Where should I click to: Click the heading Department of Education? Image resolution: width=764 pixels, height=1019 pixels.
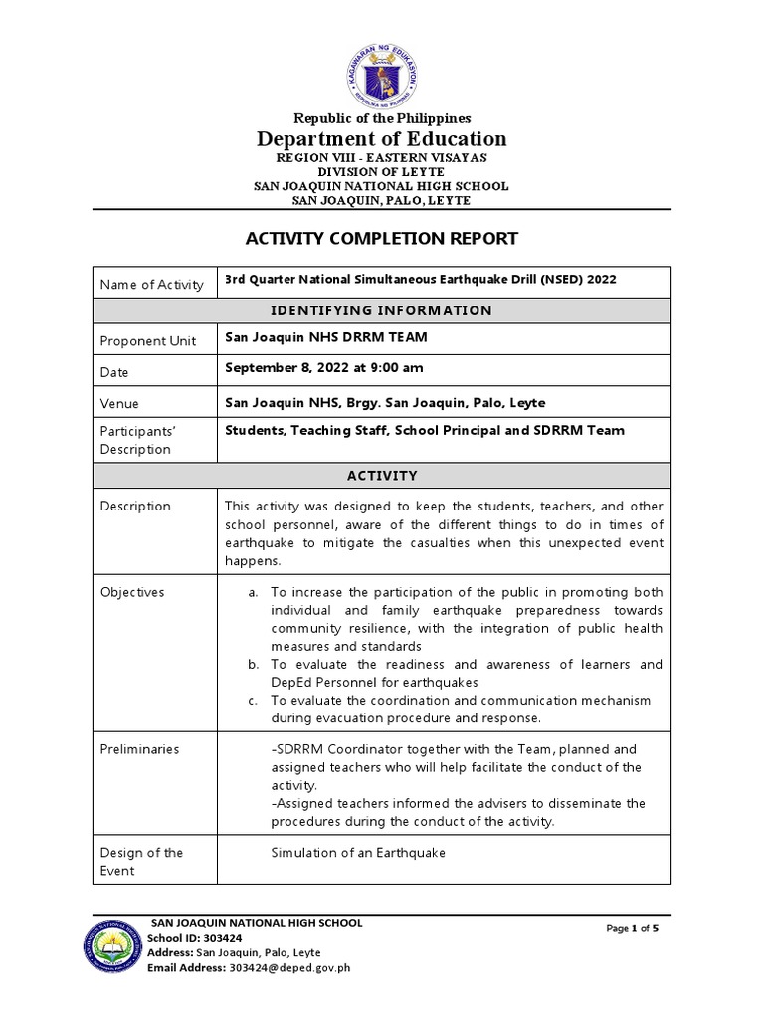(382, 138)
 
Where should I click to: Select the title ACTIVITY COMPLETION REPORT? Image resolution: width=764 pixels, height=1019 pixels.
(382, 238)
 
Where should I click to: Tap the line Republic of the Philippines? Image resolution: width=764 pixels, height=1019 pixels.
(382, 118)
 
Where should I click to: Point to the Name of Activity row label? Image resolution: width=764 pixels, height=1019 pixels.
(152, 285)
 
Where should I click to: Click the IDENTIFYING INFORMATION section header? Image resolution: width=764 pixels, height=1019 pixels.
(382, 310)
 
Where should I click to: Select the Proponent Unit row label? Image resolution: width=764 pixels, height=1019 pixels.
(148, 340)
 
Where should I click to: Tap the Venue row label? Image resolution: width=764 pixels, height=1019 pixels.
(120, 404)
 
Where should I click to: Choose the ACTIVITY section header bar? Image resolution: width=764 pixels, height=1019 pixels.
(382, 476)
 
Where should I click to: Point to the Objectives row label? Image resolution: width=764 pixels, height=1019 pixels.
(132, 592)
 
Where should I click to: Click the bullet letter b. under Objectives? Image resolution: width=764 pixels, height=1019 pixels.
(254, 664)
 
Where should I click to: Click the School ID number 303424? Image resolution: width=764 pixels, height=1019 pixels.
(224, 938)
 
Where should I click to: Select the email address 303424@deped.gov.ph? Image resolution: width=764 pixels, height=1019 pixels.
(289, 968)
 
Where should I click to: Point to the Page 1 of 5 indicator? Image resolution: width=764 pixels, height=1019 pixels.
(633, 928)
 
